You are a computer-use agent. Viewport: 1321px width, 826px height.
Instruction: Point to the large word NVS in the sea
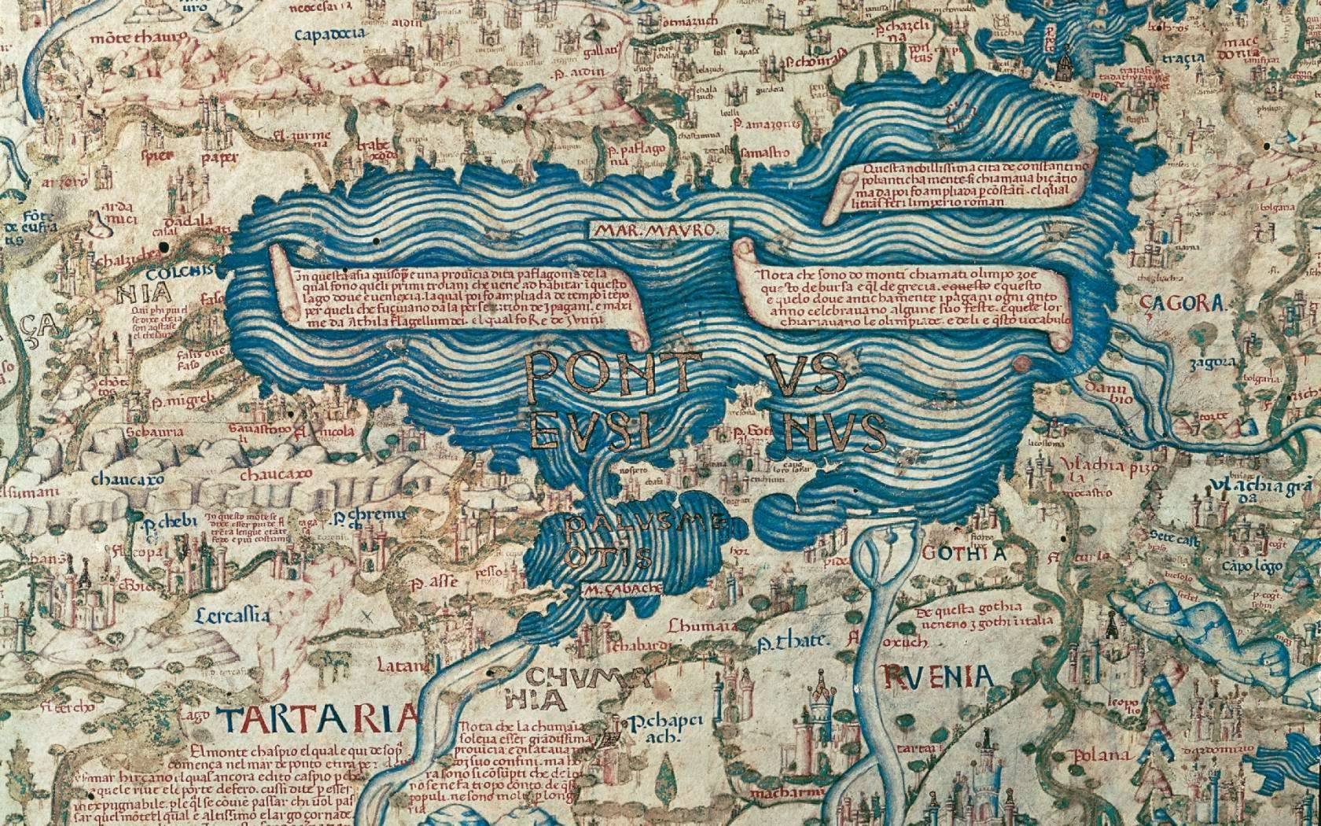[x=835, y=431]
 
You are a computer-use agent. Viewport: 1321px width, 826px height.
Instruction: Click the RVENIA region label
[x=938, y=675]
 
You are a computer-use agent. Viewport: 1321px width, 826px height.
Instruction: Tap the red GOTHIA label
[x=962, y=553]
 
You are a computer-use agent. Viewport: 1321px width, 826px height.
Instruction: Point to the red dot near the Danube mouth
[x=1022, y=363]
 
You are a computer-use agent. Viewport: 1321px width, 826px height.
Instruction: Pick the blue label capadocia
[x=329, y=34]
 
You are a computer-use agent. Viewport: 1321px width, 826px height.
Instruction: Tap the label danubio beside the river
[x=1105, y=390]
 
